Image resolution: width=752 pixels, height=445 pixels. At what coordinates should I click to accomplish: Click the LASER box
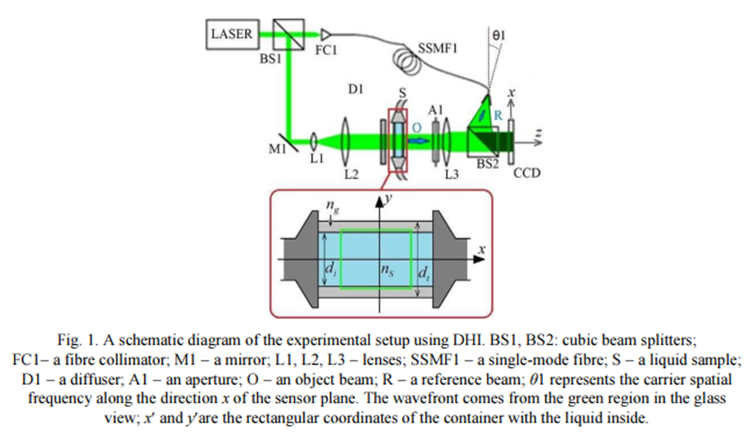click(x=231, y=35)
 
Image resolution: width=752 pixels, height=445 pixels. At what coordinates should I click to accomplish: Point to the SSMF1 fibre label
click(x=438, y=49)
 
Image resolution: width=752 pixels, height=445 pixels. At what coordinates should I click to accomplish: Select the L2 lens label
click(x=351, y=174)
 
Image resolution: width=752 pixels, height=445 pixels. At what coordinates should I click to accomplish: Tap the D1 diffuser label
click(x=356, y=91)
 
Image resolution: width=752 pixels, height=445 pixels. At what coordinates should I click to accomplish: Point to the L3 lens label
click(x=454, y=174)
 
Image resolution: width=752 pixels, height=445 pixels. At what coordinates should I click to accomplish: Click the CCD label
click(x=528, y=174)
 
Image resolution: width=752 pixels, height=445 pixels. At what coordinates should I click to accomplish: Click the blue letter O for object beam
click(x=417, y=126)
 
